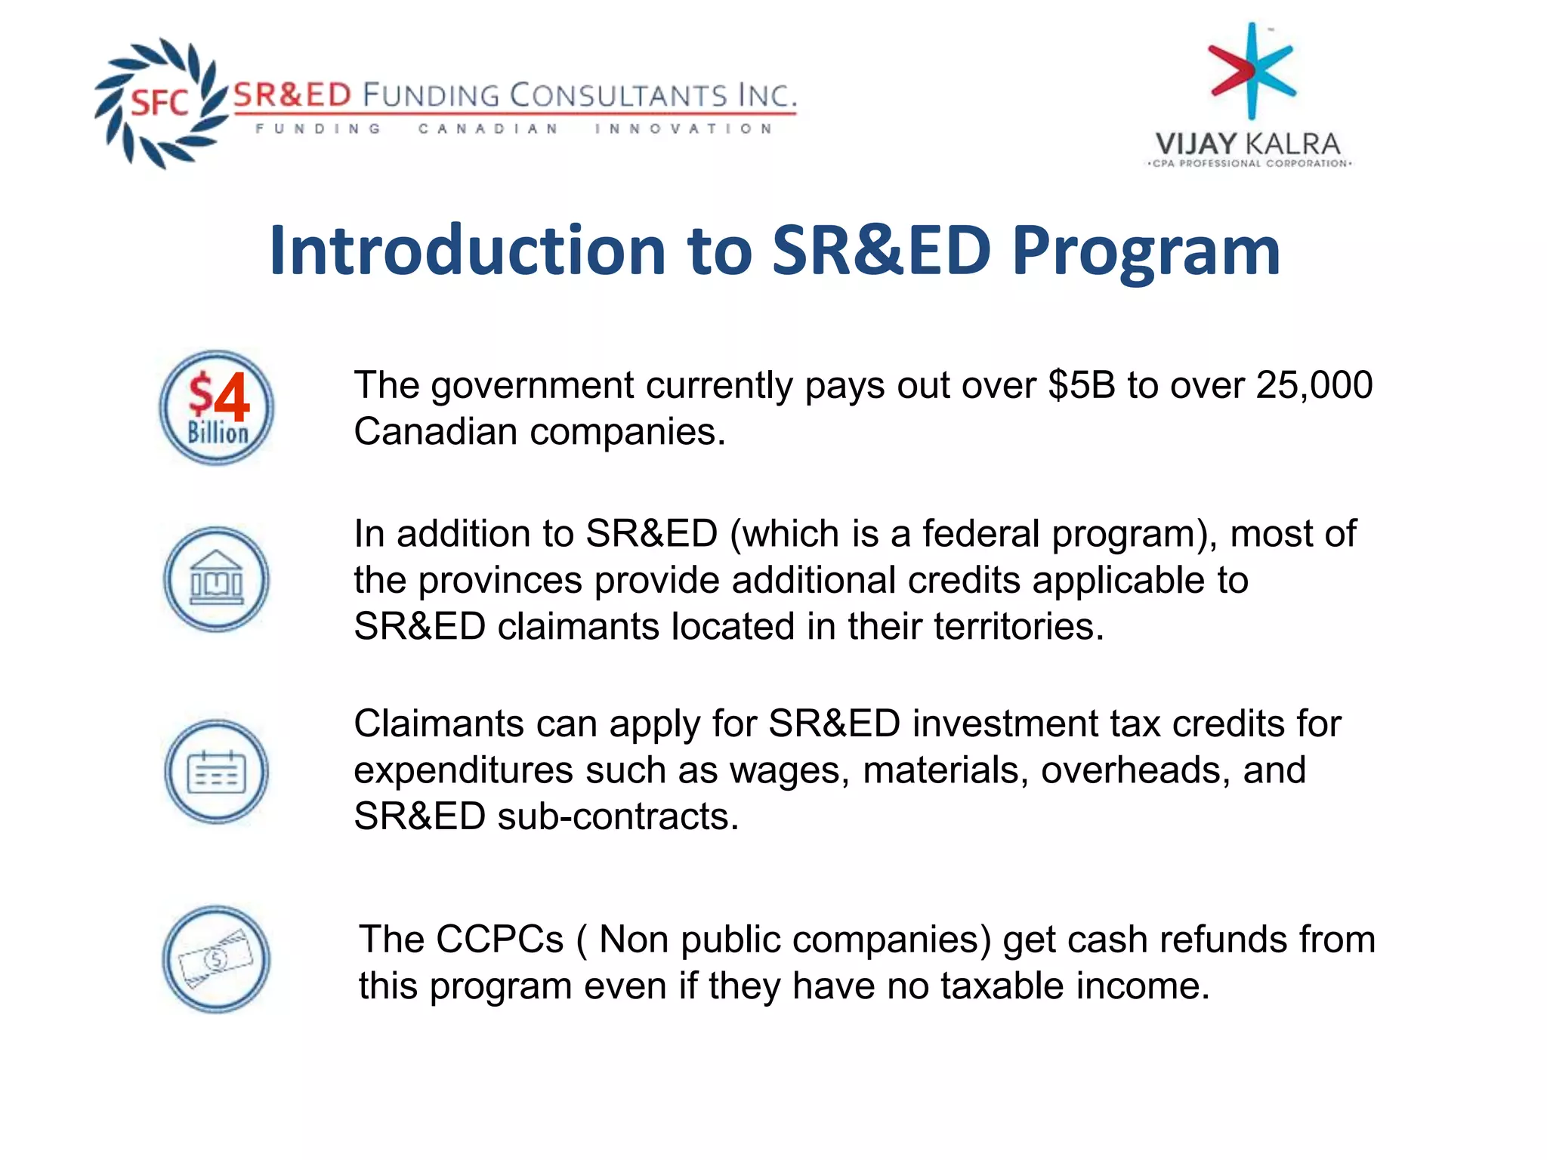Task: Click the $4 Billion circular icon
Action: click(216, 408)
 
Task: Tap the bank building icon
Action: click(216, 580)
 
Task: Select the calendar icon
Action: click(216, 771)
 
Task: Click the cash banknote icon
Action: click(216, 960)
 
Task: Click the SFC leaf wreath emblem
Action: click(160, 103)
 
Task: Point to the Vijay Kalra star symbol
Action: click(1252, 70)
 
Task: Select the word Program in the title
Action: click(1146, 251)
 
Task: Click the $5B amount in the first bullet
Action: click(1081, 385)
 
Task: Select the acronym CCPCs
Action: click(499, 940)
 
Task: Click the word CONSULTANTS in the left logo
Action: click(618, 96)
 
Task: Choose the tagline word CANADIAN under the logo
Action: click(488, 129)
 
